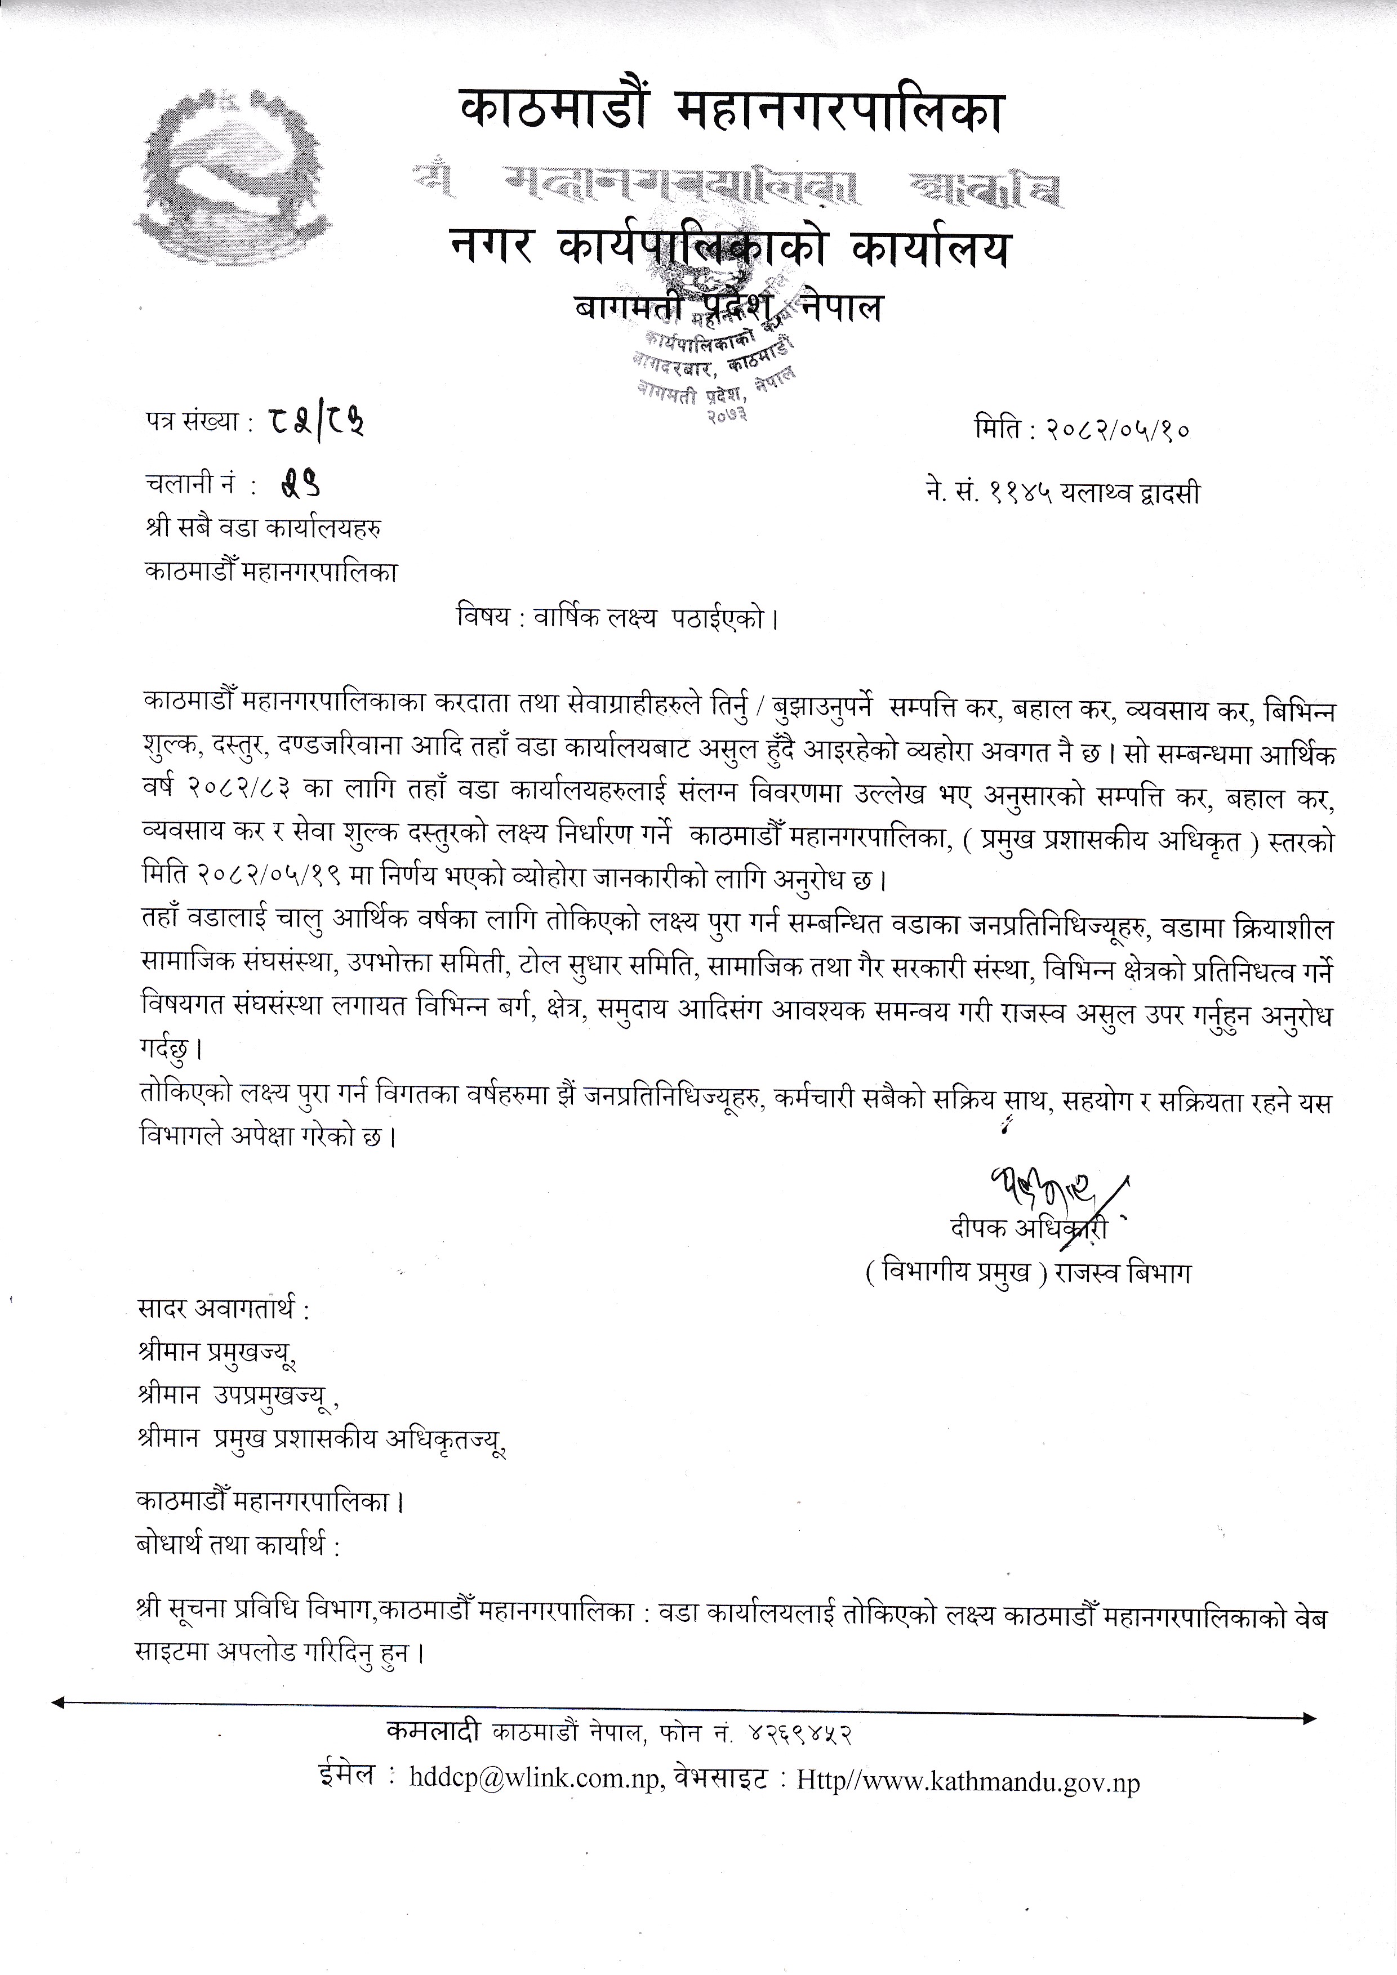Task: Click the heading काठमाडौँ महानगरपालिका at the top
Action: coord(731,112)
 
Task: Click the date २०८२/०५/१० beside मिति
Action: coord(1118,429)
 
